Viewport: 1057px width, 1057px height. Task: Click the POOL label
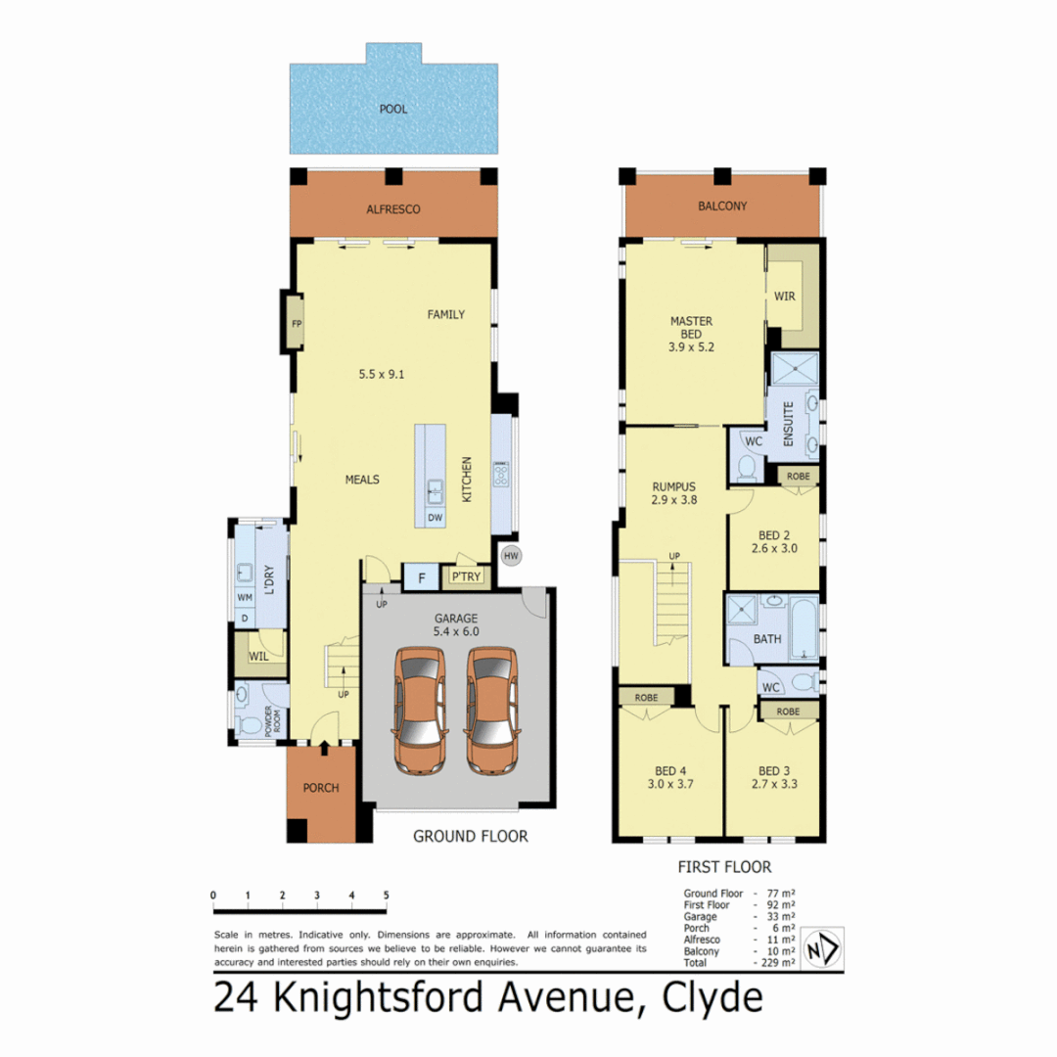tap(393, 109)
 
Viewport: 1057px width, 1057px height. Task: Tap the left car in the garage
tap(420, 711)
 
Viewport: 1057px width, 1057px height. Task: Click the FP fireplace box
tap(297, 325)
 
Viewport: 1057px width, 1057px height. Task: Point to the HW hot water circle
tap(510, 556)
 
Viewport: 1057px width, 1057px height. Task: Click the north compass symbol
tap(819, 949)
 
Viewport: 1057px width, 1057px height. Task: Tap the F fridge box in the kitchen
tap(422, 577)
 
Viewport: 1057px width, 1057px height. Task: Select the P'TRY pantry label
tap(462, 577)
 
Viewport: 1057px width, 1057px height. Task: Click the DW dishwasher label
tap(435, 516)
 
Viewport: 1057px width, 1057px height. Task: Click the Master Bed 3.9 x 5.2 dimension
tap(691, 347)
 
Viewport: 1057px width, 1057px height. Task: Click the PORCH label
tap(320, 788)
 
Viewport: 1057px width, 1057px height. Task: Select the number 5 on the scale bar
tap(387, 896)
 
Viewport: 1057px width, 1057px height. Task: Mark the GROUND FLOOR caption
tap(470, 836)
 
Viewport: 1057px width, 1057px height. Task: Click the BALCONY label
tap(722, 207)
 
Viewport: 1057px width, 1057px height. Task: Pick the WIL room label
tap(258, 656)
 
